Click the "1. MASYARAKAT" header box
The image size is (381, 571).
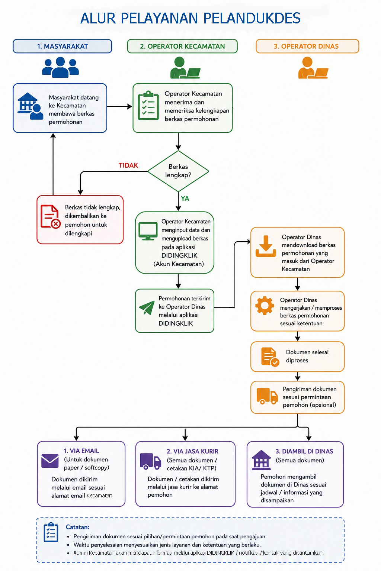[62, 46]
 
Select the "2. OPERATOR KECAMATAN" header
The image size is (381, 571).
[182, 46]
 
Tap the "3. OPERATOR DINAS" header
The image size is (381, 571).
[307, 46]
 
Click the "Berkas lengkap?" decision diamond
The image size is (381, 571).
[178, 171]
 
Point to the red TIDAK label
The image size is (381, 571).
[128, 165]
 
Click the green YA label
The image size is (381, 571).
[185, 199]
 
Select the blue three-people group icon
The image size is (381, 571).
[60, 67]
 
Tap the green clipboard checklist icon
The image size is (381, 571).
[148, 105]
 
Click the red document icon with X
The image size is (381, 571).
[51, 216]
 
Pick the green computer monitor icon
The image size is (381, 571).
[148, 231]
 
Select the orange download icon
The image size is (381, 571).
[266, 246]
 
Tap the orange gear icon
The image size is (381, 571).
[265, 305]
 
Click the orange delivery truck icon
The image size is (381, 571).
[267, 396]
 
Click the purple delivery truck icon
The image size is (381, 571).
[151, 461]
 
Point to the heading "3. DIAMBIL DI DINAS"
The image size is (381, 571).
[304, 451]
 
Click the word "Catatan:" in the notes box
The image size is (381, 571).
[78, 527]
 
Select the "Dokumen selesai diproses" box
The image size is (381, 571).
[298, 357]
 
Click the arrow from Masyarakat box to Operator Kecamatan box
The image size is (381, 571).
[119, 107]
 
